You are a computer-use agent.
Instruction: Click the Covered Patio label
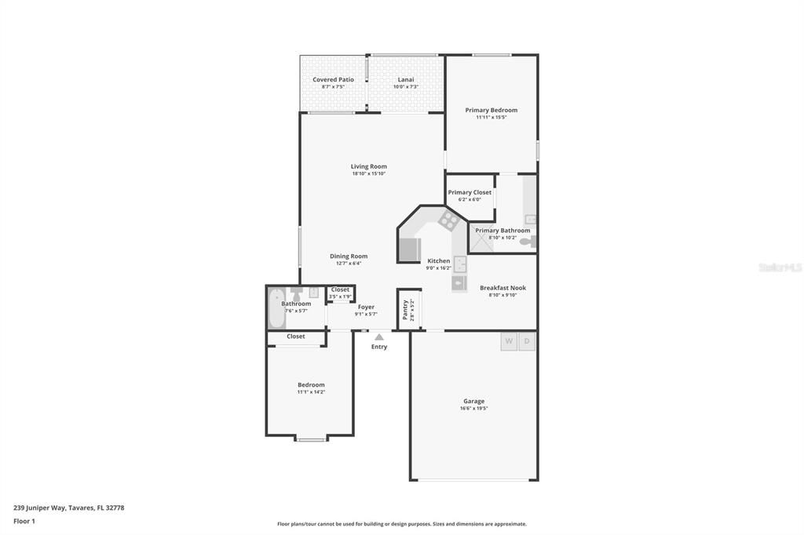333,80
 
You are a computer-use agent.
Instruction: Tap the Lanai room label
405,80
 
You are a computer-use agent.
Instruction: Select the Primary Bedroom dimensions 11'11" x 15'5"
491,118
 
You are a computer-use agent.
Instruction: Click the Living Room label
368,166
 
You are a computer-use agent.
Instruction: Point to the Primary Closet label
470,192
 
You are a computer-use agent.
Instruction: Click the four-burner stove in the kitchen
448,220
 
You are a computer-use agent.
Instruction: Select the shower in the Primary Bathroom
481,241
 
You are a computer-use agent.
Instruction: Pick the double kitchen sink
460,264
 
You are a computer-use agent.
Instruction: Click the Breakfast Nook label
502,288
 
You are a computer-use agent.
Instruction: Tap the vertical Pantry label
405,309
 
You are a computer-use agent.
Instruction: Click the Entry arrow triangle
379,337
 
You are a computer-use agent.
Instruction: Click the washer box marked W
509,341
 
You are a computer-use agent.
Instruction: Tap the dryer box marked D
528,341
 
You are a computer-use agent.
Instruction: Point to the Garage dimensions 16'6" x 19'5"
473,408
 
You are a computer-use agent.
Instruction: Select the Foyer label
366,307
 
